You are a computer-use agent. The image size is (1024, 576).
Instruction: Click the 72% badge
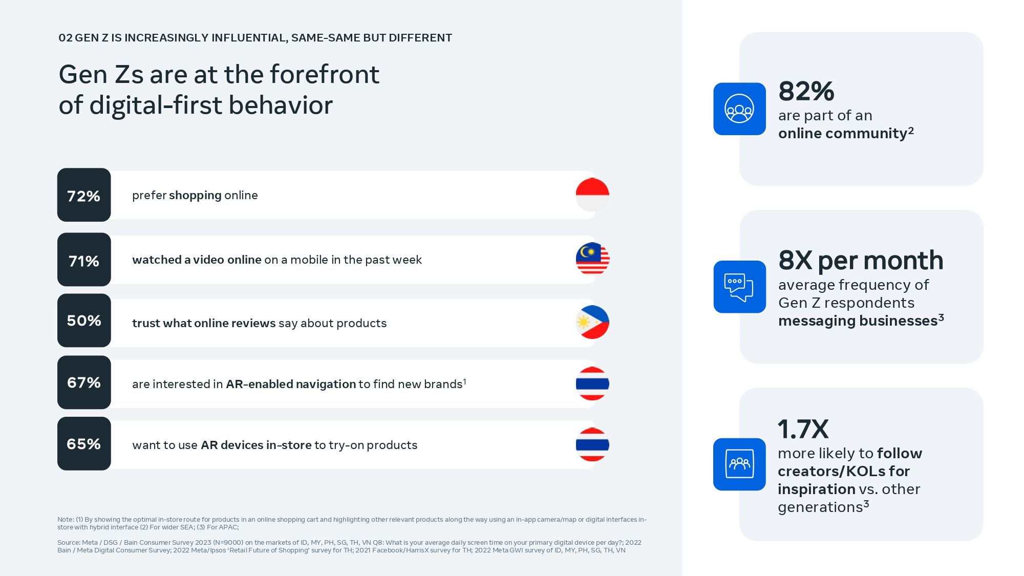point(84,195)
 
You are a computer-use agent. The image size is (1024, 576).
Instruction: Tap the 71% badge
point(84,260)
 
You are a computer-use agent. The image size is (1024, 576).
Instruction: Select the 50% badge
point(84,321)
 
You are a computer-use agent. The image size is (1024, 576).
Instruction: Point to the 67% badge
point(84,382)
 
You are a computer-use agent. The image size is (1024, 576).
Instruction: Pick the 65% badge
point(84,443)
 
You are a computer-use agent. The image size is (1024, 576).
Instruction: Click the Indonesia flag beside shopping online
point(592,195)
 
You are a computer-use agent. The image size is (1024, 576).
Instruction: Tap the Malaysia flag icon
point(592,259)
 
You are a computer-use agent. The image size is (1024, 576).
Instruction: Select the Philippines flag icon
point(592,322)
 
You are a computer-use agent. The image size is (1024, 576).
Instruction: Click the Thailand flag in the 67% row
point(592,383)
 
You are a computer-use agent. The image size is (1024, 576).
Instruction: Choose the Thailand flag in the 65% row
point(592,444)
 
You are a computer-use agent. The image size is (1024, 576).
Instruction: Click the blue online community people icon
point(739,109)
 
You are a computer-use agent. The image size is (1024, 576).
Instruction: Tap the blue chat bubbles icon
point(739,287)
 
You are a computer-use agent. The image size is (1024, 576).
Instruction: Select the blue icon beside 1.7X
point(739,464)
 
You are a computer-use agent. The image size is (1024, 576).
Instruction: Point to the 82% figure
point(806,91)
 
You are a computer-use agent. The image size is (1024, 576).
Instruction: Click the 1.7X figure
point(803,429)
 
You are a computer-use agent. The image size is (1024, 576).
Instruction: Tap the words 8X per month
point(861,261)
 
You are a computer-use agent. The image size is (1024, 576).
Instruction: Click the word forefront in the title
point(325,74)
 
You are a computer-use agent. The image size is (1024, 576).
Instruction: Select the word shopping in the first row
point(195,196)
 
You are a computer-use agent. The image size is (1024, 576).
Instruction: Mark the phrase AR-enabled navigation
point(291,384)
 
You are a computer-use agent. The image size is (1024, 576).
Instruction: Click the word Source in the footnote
point(69,543)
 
